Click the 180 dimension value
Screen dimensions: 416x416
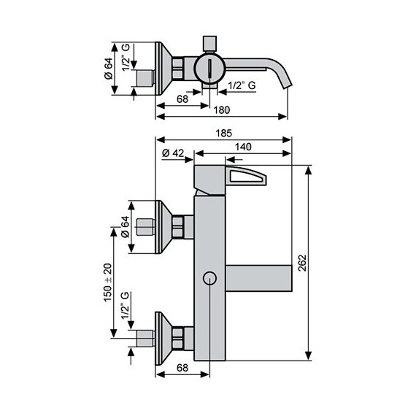[x=223, y=110]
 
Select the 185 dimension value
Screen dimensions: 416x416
[x=223, y=133]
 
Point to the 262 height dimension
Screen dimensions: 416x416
[x=320, y=262]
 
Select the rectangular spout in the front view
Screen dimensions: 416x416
[x=258, y=278]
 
